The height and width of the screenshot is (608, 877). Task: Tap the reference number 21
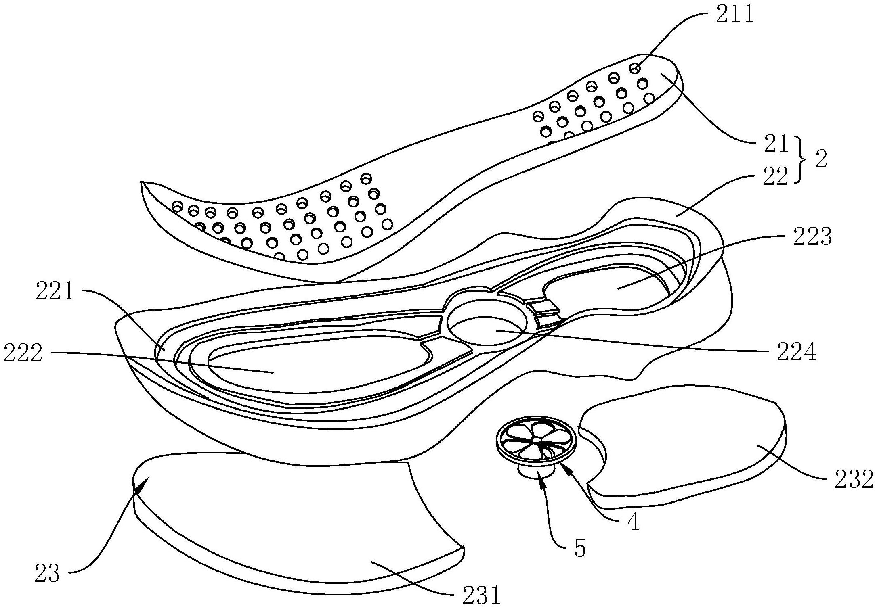pos(775,144)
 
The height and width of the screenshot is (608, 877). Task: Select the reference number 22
pos(775,176)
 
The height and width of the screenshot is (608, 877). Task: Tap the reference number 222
pos(23,353)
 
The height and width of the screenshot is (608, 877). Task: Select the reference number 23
pos(47,573)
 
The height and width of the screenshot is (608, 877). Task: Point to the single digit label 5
pos(579,549)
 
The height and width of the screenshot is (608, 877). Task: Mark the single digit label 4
pos(634,522)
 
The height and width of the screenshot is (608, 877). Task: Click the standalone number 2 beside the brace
pos(820,160)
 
